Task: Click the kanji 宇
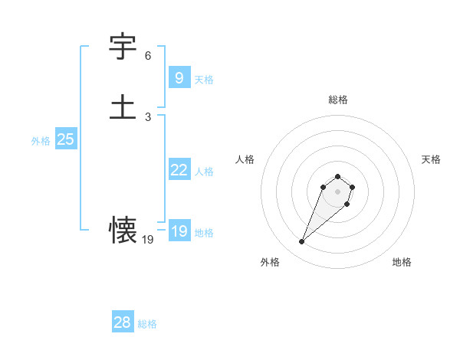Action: click(123, 47)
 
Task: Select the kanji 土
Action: click(123, 106)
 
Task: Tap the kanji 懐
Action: click(123, 230)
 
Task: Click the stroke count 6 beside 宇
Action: click(148, 56)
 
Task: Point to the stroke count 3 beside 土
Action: click(148, 116)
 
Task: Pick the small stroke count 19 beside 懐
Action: click(148, 240)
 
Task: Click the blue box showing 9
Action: click(179, 77)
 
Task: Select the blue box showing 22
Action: click(179, 170)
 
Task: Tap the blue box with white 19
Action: click(179, 231)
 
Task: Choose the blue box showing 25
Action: click(65, 139)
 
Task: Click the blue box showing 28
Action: click(122, 322)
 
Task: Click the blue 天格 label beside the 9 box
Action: click(204, 79)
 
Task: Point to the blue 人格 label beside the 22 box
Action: click(204, 172)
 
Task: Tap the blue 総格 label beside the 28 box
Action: click(147, 324)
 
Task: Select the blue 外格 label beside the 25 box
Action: click(41, 141)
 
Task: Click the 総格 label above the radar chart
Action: click(337, 100)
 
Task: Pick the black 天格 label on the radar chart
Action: click(431, 159)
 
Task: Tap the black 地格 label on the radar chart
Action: click(402, 262)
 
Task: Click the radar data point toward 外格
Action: click(302, 242)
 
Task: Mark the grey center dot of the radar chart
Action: click(337, 191)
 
